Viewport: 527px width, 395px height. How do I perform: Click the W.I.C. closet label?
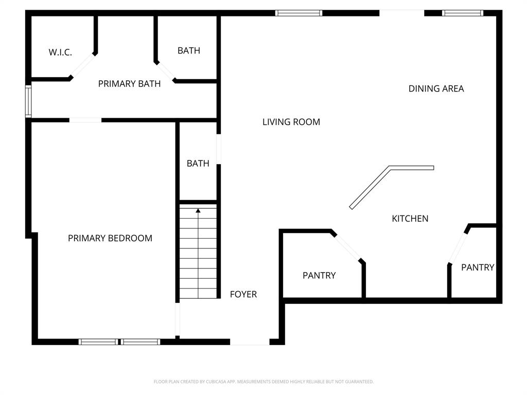[x=60, y=52]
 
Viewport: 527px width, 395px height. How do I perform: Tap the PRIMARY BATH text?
[x=129, y=84]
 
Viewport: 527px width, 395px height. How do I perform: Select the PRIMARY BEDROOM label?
[x=110, y=238]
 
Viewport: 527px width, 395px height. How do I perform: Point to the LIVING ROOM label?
[x=291, y=122]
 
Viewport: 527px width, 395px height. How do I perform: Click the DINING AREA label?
[x=436, y=88]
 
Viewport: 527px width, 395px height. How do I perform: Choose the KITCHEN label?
[x=410, y=219]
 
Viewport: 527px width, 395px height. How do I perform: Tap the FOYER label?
[x=243, y=294]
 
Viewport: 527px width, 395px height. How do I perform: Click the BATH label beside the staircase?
[x=198, y=164]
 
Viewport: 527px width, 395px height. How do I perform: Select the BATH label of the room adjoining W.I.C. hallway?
[x=189, y=50]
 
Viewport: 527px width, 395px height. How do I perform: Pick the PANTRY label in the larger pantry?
[x=319, y=276]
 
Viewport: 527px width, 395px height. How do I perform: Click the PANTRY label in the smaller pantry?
[x=478, y=267]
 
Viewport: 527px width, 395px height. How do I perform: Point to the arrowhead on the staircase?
[x=198, y=210]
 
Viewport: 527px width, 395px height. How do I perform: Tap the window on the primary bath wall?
[x=28, y=101]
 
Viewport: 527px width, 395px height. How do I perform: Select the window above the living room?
[x=298, y=13]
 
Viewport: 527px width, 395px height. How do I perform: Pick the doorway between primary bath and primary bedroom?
[x=85, y=120]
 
